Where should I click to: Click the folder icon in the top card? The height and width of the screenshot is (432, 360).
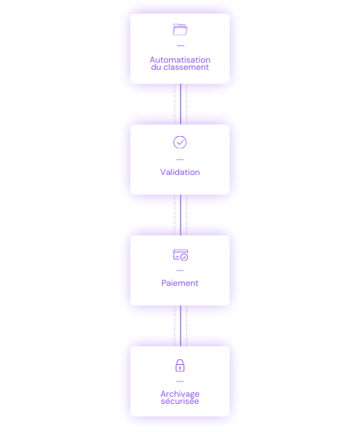click(180, 30)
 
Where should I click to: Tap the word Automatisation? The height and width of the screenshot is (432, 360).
click(180, 60)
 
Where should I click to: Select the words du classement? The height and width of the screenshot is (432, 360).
click(180, 67)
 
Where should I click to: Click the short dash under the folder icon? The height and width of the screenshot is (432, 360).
click(181, 45)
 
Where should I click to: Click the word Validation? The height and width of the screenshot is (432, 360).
click(180, 172)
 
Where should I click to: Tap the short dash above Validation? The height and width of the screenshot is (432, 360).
click(180, 160)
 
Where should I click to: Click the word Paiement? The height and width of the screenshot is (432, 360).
click(180, 283)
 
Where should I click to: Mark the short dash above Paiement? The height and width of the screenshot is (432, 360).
click(180, 271)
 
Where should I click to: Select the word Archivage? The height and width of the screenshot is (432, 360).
click(180, 394)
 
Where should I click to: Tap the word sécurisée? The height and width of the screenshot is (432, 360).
click(180, 401)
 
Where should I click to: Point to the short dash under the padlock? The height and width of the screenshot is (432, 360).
click(180, 382)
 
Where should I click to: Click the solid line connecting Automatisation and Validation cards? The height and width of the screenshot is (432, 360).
click(181, 104)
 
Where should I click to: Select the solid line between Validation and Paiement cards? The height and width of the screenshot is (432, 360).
click(181, 215)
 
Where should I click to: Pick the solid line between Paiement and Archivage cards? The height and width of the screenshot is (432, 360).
click(181, 326)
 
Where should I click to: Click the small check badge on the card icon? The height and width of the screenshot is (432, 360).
click(184, 257)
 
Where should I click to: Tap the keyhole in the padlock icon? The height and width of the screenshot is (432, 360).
click(180, 368)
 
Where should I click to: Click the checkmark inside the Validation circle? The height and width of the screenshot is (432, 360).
click(180, 143)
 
